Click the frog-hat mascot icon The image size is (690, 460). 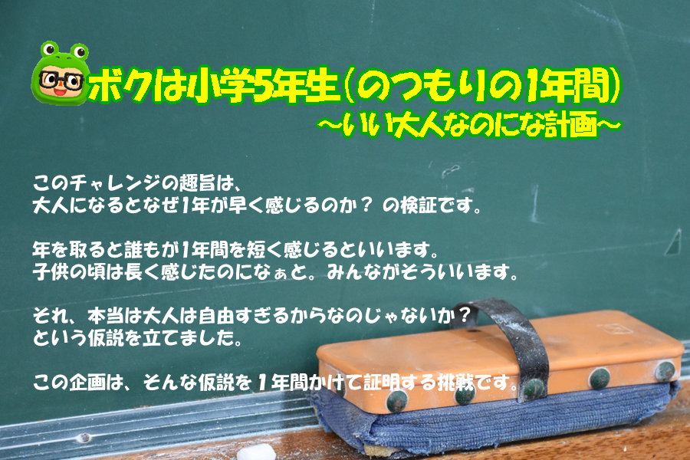point(61,73)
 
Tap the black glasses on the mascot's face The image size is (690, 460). point(61,80)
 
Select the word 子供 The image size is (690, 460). point(51,272)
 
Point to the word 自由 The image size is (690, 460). point(216,316)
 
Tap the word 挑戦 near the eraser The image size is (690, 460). point(456,382)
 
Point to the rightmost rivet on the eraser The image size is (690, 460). point(665,370)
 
